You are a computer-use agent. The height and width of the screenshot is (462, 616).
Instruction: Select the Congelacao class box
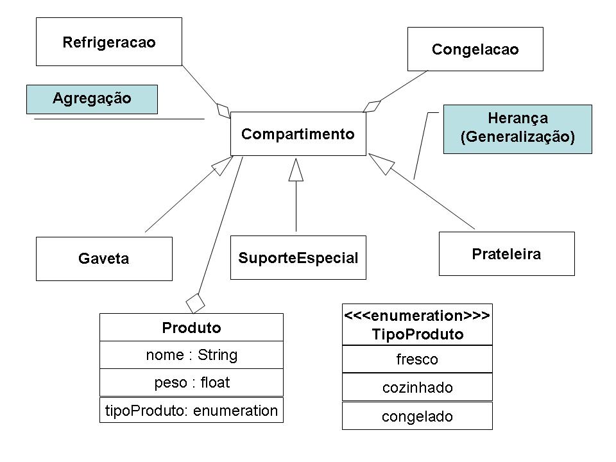[x=475, y=49]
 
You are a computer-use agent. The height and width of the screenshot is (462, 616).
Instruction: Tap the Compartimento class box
[x=298, y=133]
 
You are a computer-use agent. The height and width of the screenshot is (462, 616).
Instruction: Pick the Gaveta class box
[x=104, y=259]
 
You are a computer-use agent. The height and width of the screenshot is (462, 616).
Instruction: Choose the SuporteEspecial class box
[x=298, y=258]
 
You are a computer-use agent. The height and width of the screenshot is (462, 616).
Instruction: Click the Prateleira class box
[x=506, y=253]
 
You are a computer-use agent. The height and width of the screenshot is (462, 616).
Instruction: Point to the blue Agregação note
[x=92, y=99]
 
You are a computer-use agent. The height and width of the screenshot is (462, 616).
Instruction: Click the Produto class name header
[x=191, y=327]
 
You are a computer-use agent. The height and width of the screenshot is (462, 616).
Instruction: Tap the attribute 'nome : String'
[x=191, y=355]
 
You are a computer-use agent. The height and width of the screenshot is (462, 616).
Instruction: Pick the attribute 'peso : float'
[x=191, y=382]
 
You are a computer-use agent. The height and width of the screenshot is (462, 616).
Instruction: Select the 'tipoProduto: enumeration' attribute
[x=191, y=410]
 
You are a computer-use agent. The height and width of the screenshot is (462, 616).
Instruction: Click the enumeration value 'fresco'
[x=417, y=359]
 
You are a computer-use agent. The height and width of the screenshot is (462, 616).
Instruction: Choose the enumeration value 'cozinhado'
[x=417, y=387]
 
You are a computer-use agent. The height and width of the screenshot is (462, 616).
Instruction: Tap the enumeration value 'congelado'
[x=417, y=416]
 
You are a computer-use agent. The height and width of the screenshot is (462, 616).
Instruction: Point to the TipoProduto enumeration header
[x=417, y=325]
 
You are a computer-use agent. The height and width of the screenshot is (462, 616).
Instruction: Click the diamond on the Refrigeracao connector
[x=223, y=109]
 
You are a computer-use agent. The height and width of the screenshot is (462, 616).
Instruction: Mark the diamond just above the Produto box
[x=195, y=300]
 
